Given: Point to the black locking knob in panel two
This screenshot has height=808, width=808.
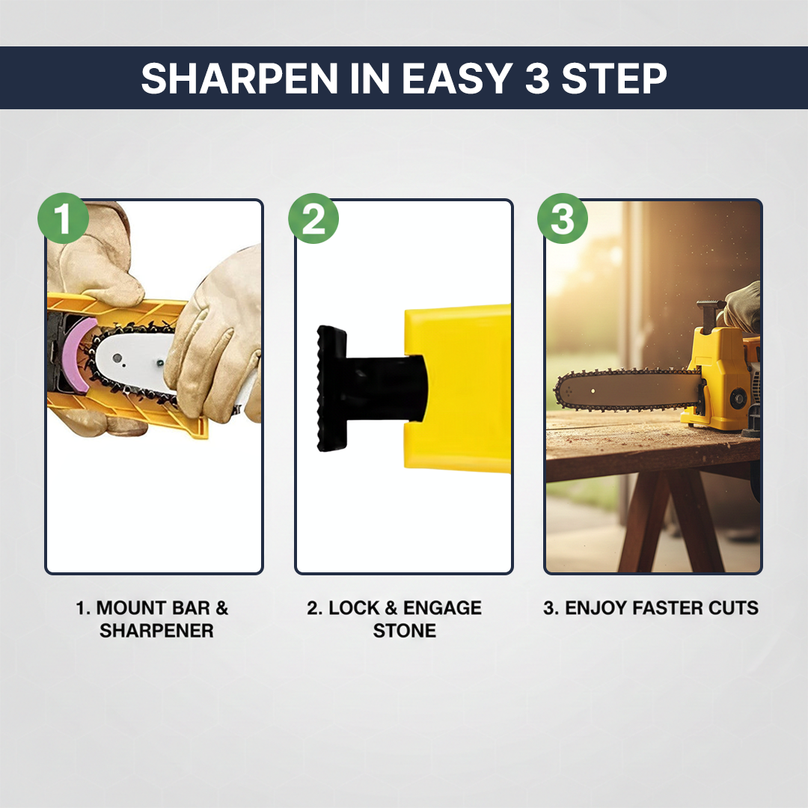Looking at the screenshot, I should (x=334, y=389).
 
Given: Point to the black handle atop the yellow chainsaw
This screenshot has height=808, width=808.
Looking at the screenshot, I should (x=709, y=308).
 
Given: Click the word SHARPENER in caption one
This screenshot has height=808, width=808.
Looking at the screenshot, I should (x=156, y=631).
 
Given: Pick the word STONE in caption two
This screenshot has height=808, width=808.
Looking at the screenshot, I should (x=404, y=631).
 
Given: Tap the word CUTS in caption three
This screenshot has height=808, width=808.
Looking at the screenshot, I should (x=735, y=607).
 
